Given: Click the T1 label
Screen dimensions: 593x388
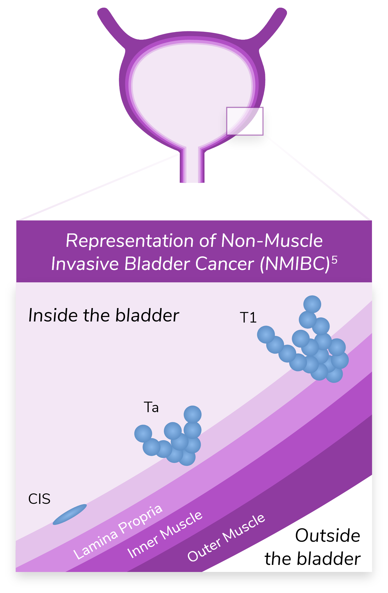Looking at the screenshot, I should [x=248, y=318].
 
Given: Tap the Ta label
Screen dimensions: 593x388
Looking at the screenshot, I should [x=151, y=407].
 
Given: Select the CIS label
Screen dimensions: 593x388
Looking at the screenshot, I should [x=39, y=499].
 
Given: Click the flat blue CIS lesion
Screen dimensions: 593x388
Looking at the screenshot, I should [x=70, y=514].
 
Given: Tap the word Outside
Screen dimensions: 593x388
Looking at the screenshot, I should [x=327, y=536].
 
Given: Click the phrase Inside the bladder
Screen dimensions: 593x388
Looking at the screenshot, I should [x=104, y=315].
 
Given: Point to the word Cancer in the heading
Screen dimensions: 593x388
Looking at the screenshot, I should [x=225, y=264].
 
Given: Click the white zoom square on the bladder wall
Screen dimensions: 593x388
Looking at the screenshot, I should [x=245, y=121].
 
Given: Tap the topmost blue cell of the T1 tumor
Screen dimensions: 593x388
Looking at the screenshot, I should [x=312, y=304].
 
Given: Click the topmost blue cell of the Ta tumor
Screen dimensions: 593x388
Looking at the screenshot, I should [x=193, y=415].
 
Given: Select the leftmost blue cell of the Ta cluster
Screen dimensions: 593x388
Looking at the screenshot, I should [x=143, y=433].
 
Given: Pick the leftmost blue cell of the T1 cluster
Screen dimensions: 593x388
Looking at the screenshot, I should [x=266, y=335].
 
